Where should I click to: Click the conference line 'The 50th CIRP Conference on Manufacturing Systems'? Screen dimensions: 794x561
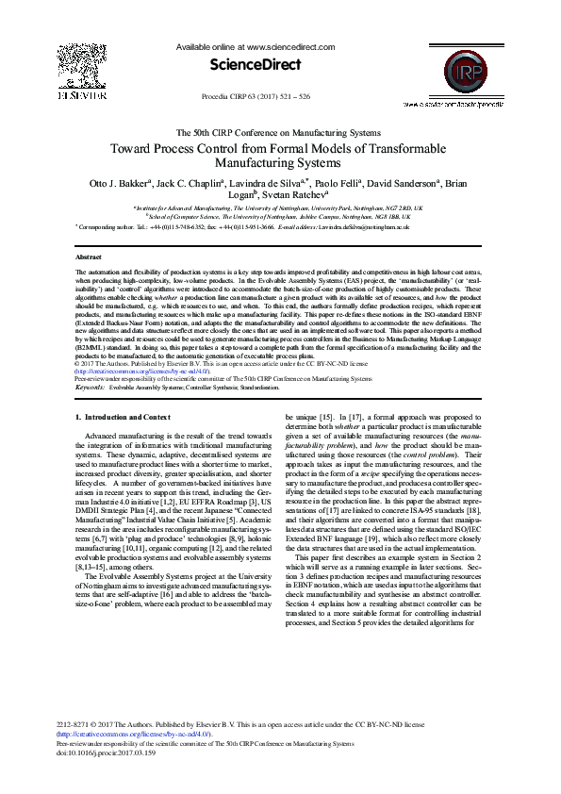278,133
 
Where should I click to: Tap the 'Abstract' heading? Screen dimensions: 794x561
89,256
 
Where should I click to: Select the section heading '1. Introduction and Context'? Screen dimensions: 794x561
123,417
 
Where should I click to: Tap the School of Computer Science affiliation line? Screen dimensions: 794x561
278,216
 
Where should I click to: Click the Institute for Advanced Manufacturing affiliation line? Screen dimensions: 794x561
278,207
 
